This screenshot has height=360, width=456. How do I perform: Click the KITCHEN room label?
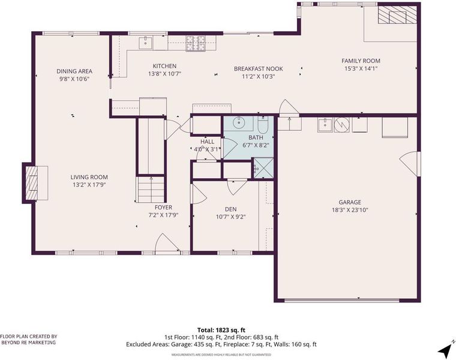(x=164, y=66)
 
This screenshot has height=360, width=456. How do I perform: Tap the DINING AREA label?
(x=74, y=71)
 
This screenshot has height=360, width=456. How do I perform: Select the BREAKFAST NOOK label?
(x=259, y=69)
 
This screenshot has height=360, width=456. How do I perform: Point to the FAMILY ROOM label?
(x=361, y=61)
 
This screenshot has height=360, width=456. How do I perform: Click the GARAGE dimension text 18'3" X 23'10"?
(x=350, y=210)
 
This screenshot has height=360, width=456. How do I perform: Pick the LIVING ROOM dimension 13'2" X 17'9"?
(x=89, y=185)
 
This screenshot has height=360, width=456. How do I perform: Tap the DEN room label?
(x=230, y=209)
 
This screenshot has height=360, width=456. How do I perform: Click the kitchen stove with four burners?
(x=196, y=43)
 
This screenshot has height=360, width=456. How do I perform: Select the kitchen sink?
(x=145, y=43)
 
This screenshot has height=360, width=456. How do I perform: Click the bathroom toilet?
(x=263, y=124)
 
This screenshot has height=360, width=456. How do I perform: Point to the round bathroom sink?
(x=239, y=123)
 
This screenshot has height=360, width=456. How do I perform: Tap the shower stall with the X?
(x=263, y=168)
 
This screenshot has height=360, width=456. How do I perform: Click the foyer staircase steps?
(x=151, y=190)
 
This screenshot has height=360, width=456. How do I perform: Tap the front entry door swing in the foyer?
(x=168, y=243)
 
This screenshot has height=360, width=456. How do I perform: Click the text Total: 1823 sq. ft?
(x=221, y=330)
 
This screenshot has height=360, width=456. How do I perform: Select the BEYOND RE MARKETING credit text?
(x=29, y=343)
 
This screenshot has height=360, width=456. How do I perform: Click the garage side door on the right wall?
(x=410, y=164)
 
